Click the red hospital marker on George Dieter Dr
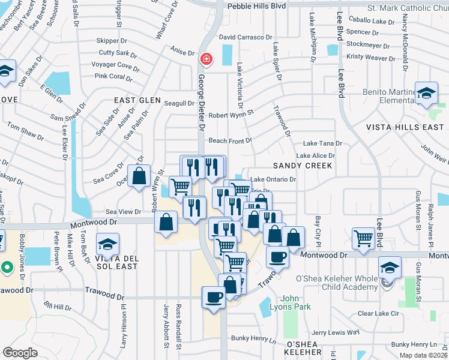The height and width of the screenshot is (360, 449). pos(206,59)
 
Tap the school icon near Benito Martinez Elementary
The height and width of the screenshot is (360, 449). pos(427,93)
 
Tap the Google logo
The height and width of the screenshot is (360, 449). pos(20,352)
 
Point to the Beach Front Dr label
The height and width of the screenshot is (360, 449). pos(230,140)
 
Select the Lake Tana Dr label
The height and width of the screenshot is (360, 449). pos(322,144)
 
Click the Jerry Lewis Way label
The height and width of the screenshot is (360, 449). pos(335,332)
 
